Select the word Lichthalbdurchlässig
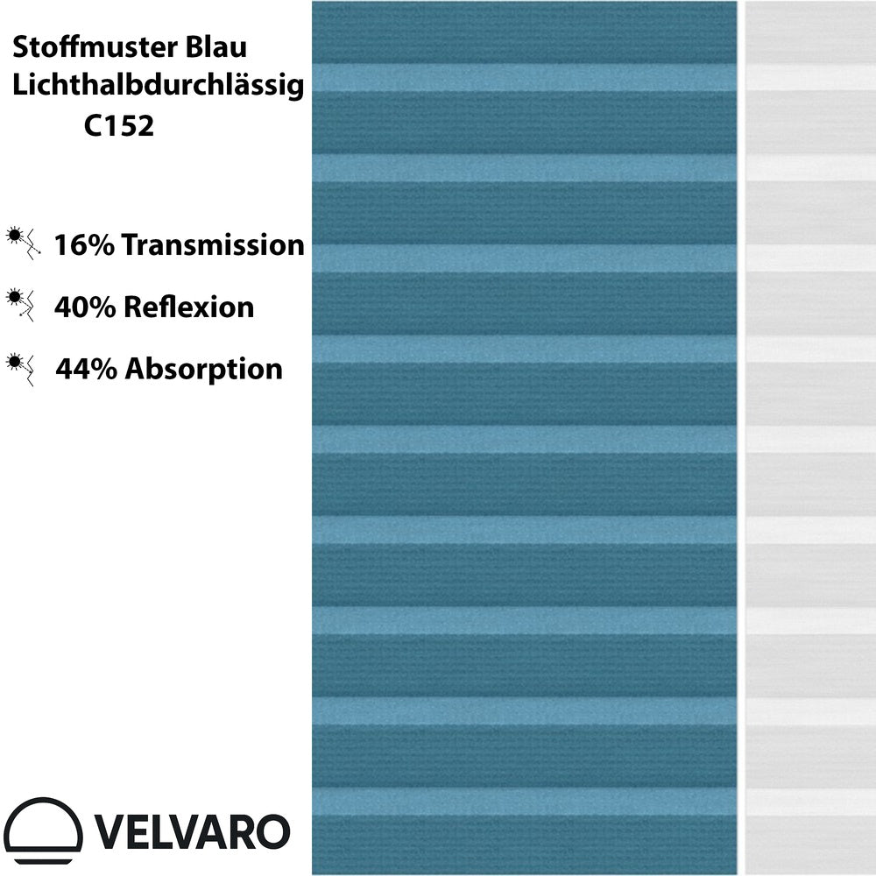[159, 86]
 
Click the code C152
[119, 127]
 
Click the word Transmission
[213, 245]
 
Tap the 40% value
[84, 307]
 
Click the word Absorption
[204, 369]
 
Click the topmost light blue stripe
[524, 77]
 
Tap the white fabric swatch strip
[810, 438]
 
